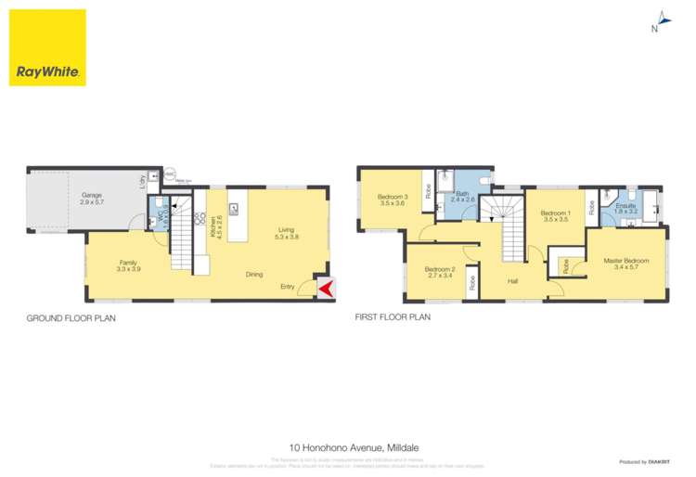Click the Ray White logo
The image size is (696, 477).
click(47, 48)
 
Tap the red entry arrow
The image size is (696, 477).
click(326, 290)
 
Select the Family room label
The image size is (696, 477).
click(127, 265)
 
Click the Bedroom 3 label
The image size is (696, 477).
click(393, 200)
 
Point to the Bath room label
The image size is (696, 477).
click(462, 197)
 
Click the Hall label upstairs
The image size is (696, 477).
click(512, 281)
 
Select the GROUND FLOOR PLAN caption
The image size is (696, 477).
click(70, 317)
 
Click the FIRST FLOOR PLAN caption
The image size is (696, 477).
click(393, 317)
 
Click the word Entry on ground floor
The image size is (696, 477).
click(290, 287)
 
